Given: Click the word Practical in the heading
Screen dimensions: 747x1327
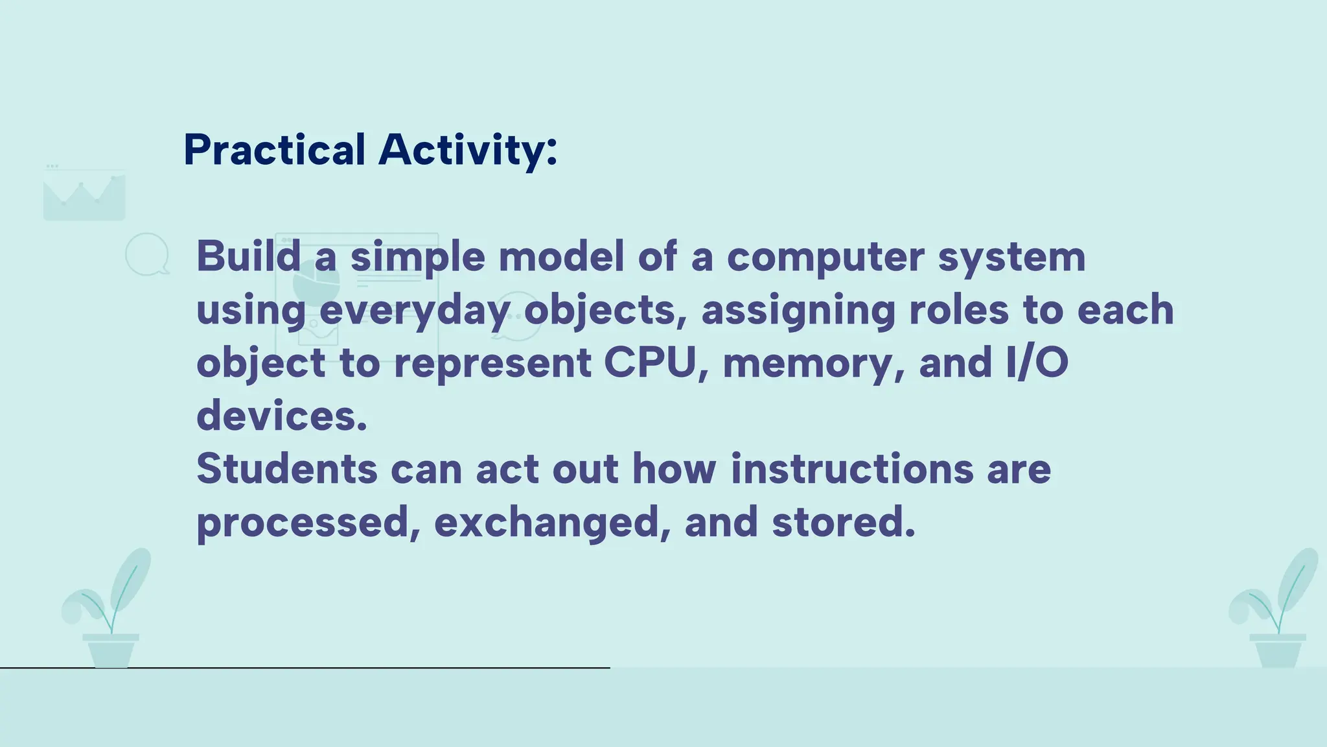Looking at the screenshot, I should (x=275, y=150).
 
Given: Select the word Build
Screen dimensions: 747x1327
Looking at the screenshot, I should (x=249, y=256).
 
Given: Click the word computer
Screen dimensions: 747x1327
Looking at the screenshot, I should (x=825, y=257).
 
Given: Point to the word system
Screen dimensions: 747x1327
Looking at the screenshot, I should (x=1011, y=257).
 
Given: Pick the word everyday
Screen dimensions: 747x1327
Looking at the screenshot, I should (x=415, y=311).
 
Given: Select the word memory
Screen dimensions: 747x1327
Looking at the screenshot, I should (x=813, y=364).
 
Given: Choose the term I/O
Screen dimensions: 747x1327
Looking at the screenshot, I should (x=1037, y=362).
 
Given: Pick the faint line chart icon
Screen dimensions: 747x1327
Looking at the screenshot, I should (x=84, y=195).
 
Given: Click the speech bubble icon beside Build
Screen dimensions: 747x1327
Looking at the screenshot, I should (x=147, y=254).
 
